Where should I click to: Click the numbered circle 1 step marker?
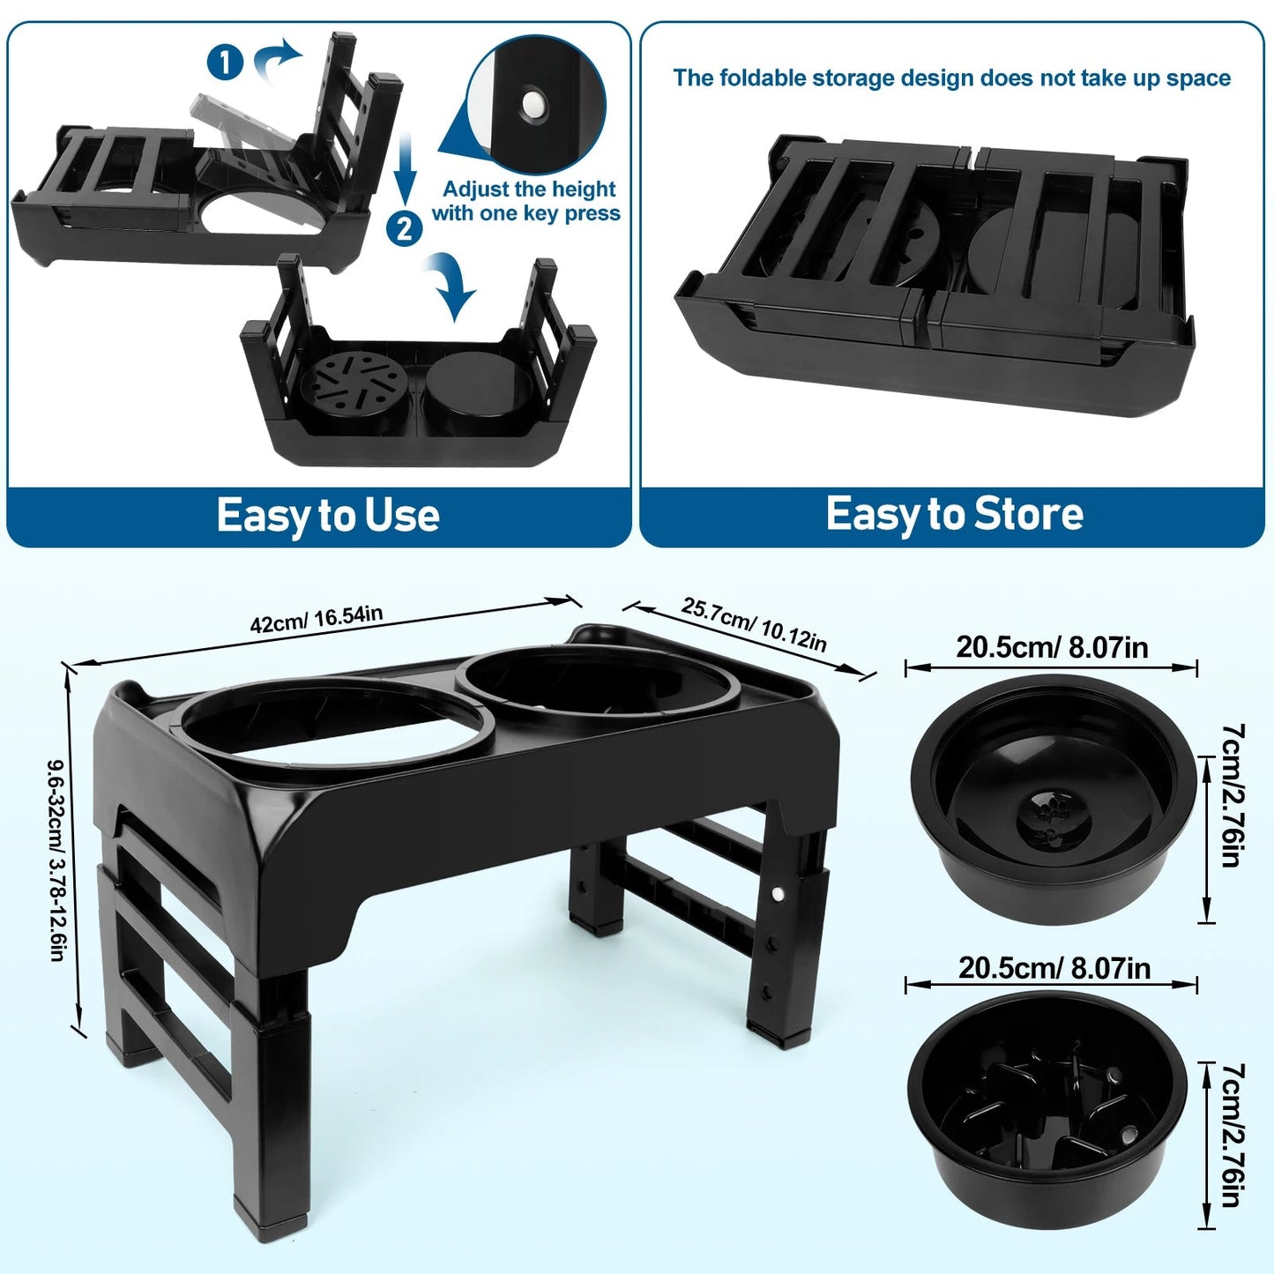225,63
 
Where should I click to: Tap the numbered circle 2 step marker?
404,228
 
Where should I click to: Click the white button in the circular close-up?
532,104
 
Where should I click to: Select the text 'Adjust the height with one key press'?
527,201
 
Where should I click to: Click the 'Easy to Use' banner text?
328,516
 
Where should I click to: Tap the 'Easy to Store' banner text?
954,514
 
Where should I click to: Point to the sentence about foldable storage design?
951,78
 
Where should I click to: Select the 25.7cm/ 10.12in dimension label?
754,624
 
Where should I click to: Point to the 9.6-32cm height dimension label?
56,860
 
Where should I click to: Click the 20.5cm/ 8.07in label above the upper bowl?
1052,648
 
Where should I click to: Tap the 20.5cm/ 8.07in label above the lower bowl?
1054,968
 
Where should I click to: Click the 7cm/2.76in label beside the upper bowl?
1233,795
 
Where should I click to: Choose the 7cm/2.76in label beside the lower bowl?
1233,1134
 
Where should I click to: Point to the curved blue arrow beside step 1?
276,60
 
